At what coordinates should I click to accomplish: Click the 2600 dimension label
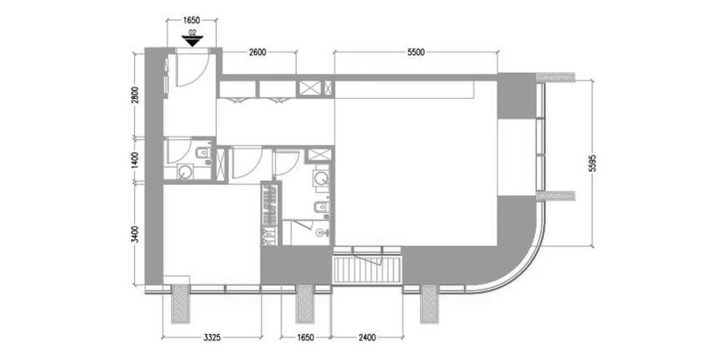pos(257,52)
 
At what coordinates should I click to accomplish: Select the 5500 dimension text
pos(416,52)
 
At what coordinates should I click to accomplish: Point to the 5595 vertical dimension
pos(592,164)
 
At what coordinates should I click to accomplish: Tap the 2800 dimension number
pos(135,97)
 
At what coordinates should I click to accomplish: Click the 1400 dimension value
pos(135,160)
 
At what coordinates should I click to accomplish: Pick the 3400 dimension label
pos(135,234)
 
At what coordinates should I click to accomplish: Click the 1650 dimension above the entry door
pos(191,20)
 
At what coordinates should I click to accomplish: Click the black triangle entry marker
pos(191,42)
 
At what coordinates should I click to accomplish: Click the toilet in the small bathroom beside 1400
pos(203,153)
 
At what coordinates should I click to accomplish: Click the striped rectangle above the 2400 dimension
pos(367,269)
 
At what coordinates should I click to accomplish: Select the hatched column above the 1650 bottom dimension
pos(303,304)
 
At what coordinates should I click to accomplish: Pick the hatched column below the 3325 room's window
pos(180,304)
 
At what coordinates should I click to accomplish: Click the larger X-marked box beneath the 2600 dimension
pos(306,88)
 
